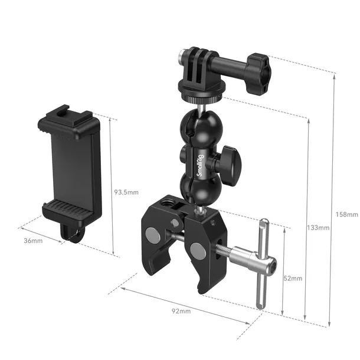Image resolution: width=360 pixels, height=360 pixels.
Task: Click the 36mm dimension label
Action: [x=33, y=241]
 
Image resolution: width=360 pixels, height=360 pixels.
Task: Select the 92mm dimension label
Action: [x=181, y=311]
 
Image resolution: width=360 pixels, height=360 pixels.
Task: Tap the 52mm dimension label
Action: [x=293, y=278]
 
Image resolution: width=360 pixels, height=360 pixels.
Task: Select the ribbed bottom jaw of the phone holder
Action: [x=66, y=210]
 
